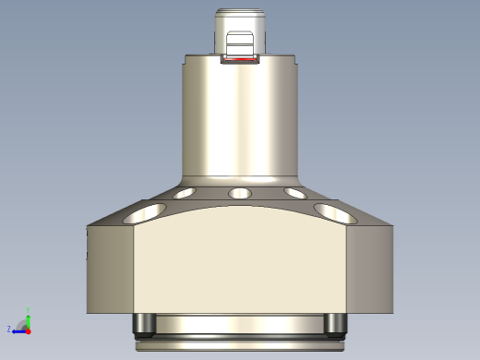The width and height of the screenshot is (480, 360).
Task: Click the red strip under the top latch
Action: click(240, 63)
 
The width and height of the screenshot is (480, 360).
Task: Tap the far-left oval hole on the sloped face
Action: click(143, 213)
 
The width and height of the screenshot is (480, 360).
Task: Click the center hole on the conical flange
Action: click(240, 194)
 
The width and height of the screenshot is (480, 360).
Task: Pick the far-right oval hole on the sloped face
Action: click(336, 213)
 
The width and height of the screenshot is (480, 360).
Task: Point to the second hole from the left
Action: click(184, 194)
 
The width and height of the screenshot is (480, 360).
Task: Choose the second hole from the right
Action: click(295, 194)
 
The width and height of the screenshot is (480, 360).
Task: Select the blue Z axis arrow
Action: click(18, 330)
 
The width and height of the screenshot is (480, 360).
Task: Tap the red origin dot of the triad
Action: click(28, 330)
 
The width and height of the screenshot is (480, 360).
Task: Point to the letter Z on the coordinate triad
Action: click(9, 329)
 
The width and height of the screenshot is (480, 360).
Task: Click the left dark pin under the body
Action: click(144, 323)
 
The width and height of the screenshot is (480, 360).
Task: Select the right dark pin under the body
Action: click(335, 323)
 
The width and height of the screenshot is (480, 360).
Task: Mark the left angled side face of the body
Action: click(111, 268)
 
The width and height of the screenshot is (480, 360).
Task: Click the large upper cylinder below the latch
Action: click(240, 120)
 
